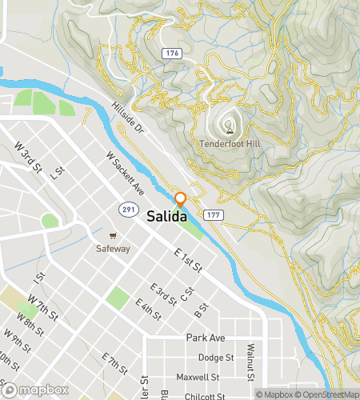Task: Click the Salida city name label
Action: tap(166, 217)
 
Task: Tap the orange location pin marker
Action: tap(181, 199)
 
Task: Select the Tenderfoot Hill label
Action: tap(230, 145)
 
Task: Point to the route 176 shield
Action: tap(170, 54)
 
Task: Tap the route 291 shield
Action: tap(127, 208)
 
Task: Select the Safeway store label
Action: tap(113, 248)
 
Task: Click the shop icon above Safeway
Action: tap(114, 236)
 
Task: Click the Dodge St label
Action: tap(215, 358)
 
